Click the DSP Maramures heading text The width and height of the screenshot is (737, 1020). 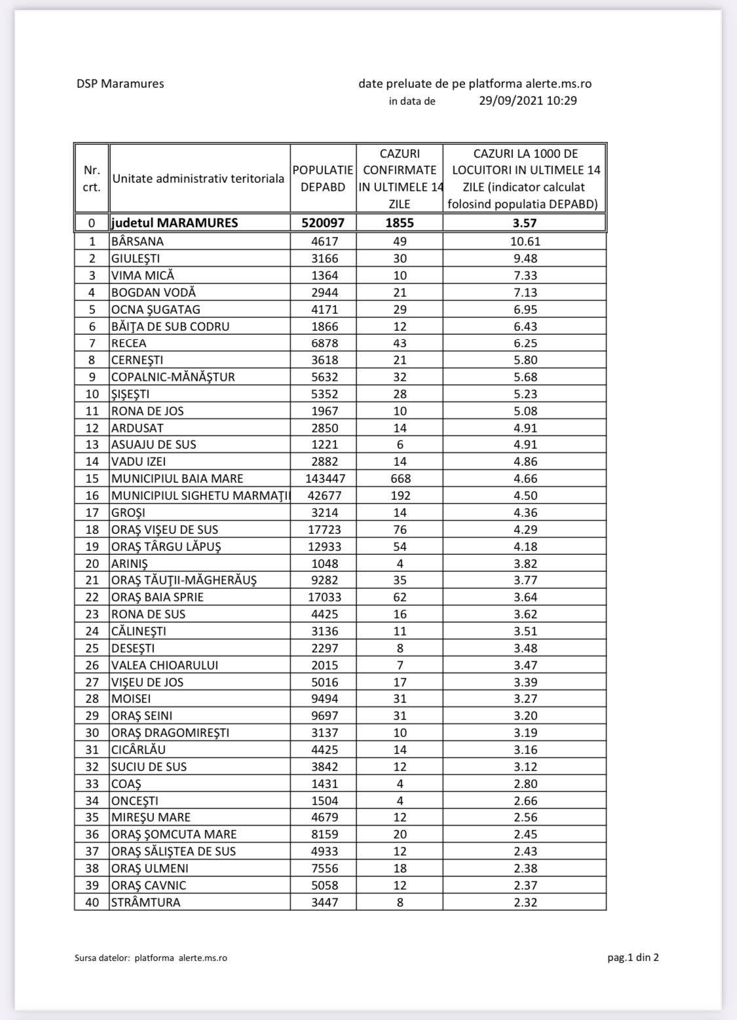120,84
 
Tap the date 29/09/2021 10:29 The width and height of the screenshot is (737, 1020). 527,101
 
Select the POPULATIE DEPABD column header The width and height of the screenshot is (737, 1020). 323,178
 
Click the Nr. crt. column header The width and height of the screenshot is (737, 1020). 92,178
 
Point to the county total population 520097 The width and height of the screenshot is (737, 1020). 323,223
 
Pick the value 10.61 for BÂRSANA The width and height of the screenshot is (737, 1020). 525,241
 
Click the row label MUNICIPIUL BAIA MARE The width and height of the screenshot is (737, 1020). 177,478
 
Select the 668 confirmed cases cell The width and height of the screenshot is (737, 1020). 400,478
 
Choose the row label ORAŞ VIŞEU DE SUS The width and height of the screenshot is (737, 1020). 164,529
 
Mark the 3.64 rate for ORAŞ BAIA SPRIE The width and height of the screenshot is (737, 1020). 525,597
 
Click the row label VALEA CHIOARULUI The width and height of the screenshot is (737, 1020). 164,665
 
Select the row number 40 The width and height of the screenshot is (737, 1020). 92,902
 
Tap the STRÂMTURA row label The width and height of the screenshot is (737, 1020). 145,902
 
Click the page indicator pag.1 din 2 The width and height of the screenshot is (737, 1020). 633,958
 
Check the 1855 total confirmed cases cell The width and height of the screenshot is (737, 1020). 400,223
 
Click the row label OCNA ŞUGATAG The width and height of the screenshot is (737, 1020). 155,309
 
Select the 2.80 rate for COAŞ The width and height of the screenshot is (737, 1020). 525,784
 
